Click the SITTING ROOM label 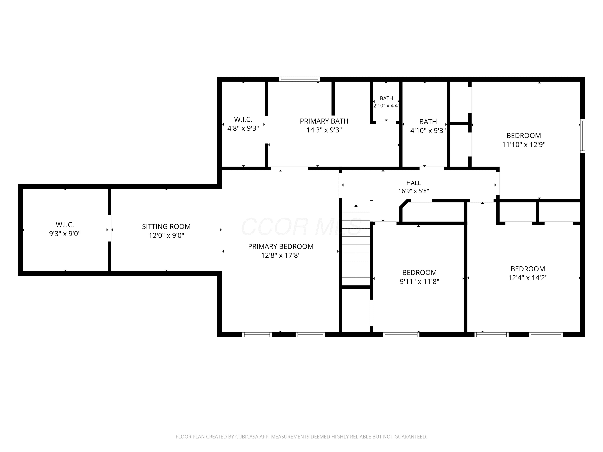[166, 226]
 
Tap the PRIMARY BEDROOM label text [281, 246]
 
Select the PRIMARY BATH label [324, 121]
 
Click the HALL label [413, 183]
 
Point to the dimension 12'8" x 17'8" [281, 255]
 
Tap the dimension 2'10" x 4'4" [386, 105]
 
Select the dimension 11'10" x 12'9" [524, 144]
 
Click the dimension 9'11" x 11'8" [419, 281]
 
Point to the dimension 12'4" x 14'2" [528, 278]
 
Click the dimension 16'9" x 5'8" [413, 191]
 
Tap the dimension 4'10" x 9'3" [428, 131]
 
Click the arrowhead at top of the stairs [356, 206]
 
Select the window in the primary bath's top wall [299, 79]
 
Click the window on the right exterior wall [582, 136]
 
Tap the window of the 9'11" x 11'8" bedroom [401, 334]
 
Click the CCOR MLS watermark [301, 227]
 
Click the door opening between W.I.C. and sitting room [110, 228]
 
